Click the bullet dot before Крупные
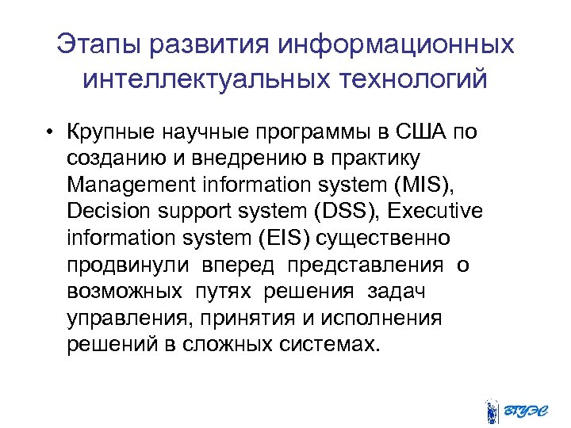tap(49, 132)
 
